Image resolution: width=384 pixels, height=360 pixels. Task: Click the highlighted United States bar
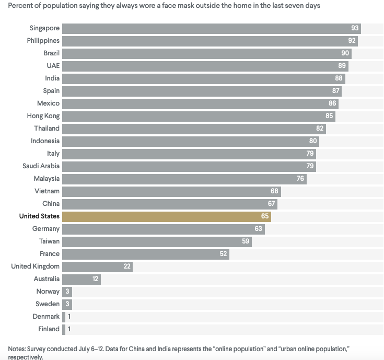166,216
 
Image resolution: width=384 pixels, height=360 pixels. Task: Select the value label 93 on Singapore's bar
355,28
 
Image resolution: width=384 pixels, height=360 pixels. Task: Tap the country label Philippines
43,41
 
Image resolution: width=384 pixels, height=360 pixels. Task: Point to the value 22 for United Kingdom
126,266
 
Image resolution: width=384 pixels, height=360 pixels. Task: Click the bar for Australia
81,279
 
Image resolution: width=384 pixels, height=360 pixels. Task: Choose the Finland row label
49,329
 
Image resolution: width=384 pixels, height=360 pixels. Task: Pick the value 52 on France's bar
223,254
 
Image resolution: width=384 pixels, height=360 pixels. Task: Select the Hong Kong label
43,116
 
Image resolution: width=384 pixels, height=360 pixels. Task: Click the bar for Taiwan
157,241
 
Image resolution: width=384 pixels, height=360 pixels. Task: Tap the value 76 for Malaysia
300,179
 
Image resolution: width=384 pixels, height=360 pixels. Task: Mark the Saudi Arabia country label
41,166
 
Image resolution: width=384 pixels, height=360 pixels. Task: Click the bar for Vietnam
171,191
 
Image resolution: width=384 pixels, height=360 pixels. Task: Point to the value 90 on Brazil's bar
345,53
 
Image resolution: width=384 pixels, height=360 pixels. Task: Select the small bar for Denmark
64,317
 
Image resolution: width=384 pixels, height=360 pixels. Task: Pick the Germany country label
46,229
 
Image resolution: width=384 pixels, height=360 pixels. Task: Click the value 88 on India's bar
339,78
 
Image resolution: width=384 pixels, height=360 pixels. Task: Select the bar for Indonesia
190,141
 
